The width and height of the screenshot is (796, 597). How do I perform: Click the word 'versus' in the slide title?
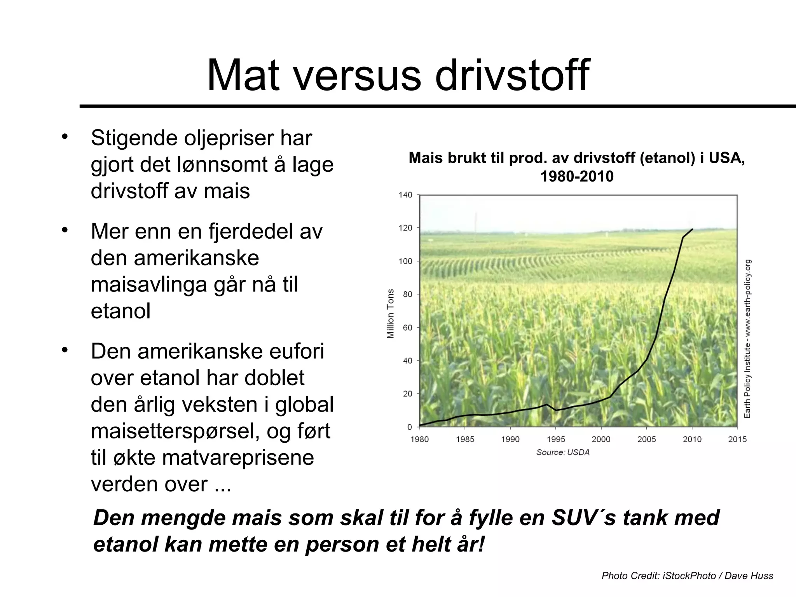pyautogui.click(x=357, y=75)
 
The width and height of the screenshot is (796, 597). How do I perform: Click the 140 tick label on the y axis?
pyautogui.click(x=405, y=195)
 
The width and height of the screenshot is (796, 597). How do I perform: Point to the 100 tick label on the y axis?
pyautogui.click(x=405, y=261)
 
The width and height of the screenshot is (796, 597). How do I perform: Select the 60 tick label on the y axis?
pyautogui.click(x=407, y=328)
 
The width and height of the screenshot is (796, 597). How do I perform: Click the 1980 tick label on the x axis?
pyautogui.click(x=419, y=439)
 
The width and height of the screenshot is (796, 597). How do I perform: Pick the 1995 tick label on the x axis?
pyautogui.click(x=556, y=439)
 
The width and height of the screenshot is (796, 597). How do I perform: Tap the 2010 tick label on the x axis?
pyautogui.click(x=692, y=439)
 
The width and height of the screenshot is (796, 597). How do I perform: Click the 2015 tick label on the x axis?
pyautogui.click(x=737, y=439)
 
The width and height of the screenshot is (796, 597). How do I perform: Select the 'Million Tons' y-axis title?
pyautogui.click(x=391, y=313)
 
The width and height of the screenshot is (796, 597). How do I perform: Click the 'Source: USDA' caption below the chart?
pyautogui.click(x=563, y=452)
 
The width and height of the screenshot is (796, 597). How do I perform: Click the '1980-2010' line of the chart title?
pyautogui.click(x=577, y=176)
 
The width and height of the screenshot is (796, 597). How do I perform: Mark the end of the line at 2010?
pyautogui.click(x=692, y=229)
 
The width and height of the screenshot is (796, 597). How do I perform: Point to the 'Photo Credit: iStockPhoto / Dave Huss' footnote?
pyautogui.click(x=687, y=576)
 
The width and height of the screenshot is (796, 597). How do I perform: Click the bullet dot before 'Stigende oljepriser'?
pyautogui.click(x=65, y=137)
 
